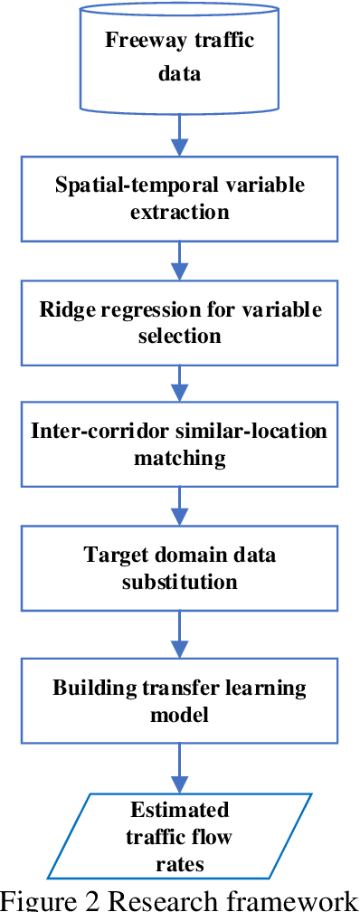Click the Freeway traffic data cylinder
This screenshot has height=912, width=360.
pos(180,56)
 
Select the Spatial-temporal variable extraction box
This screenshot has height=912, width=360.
pos(180,199)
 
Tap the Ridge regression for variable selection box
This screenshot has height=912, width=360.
pos(180,321)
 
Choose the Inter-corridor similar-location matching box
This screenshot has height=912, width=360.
pos(180,445)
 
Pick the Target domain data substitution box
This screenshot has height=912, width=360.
pos(180,568)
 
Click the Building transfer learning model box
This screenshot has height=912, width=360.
pos(180,701)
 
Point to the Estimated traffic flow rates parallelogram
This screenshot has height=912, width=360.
pos(180,836)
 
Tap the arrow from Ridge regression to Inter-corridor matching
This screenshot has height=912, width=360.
pos(180,384)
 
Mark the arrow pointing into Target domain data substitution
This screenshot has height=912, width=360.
pos(180,507)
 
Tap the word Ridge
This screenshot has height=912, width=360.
pos(66,309)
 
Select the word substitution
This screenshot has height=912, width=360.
pos(180,581)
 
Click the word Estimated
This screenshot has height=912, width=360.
pos(180,809)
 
